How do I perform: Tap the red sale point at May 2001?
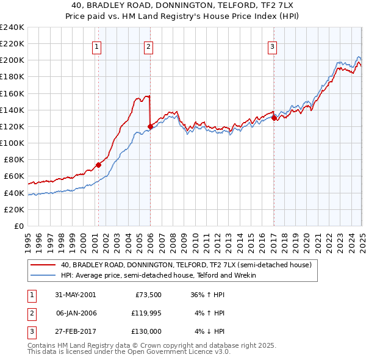click(98, 165)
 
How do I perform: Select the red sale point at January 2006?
click(149, 126)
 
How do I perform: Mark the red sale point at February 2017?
click(274, 118)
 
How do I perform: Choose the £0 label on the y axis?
click(19, 226)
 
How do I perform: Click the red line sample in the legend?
click(43, 265)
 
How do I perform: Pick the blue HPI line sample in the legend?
click(43, 276)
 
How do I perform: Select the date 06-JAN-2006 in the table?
click(76, 313)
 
